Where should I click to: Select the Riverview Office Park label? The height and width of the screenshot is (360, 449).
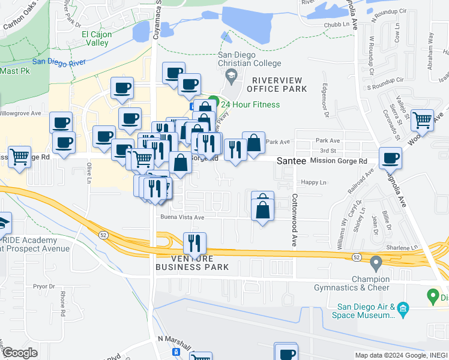pos(280,85)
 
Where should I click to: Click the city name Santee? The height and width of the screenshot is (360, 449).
pos(292,161)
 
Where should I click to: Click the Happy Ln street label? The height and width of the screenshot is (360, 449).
pos(315,182)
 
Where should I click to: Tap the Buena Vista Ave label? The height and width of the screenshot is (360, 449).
pos(182,217)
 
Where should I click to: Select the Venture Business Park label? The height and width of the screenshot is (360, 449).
pos(192,262)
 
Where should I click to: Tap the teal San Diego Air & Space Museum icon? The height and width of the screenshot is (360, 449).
pos(403,310)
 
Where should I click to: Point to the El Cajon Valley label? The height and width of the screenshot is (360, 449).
pos(96,38)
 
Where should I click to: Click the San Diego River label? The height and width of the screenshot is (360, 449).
pos(59,61)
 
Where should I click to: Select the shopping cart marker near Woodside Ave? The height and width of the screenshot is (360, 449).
pos(423,120)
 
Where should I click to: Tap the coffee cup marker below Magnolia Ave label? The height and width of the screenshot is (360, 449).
pos(391,158)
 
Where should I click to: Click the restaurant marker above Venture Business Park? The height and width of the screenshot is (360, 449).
pos(194,243)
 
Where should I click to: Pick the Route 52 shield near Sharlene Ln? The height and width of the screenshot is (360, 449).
pos(357,256)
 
